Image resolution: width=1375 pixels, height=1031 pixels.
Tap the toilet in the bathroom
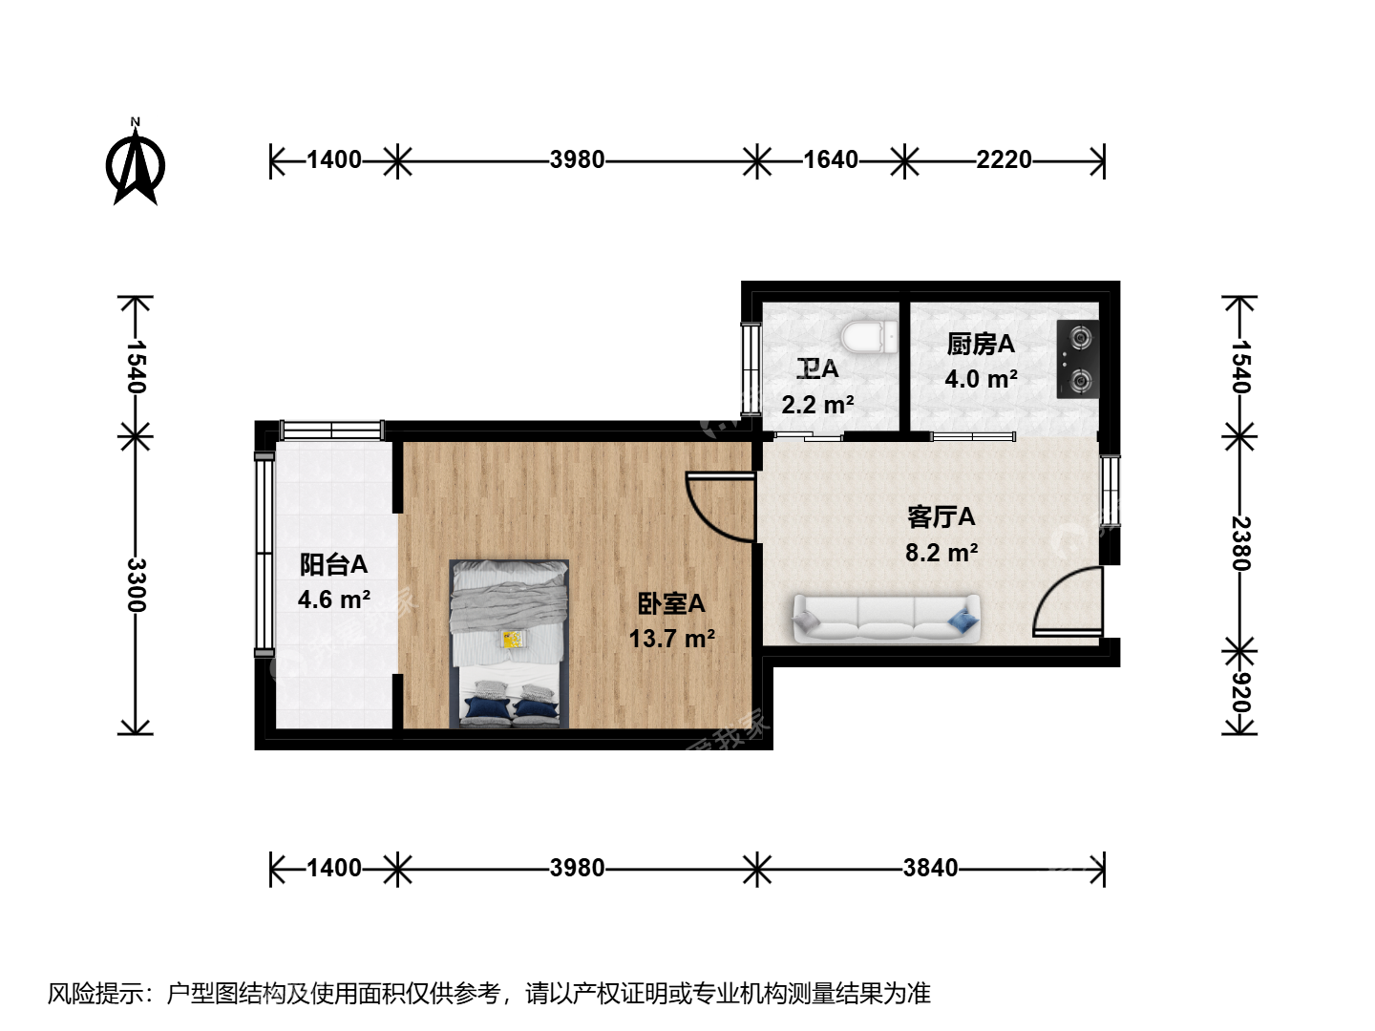click(x=869, y=337)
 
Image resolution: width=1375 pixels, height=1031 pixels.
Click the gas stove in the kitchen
click(x=1077, y=359)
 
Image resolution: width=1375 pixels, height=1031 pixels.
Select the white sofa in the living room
click(x=886, y=618)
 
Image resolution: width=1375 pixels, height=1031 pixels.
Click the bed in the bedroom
click(x=509, y=643)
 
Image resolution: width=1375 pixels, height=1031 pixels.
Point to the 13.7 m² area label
click(x=671, y=640)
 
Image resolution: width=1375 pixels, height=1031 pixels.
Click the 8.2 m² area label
click(x=941, y=553)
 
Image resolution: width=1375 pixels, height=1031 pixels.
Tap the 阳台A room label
click(x=333, y=564)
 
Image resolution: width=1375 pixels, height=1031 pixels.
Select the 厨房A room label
click(x=981, y=345)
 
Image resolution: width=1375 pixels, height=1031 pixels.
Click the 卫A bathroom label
click(x=817, y=368)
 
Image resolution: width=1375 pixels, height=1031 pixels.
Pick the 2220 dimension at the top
click(x=1004, y=160)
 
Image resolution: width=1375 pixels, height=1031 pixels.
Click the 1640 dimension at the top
click(x=831, y=160)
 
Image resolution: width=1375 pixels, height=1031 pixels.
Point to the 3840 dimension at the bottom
click(x=930, y=869)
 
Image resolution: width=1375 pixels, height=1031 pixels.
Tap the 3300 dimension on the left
click(x=136, y=584)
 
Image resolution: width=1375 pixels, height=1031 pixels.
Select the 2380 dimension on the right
click(x=1240, y=543)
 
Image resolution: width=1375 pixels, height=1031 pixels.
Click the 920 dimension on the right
click(x=1240, y=692)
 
